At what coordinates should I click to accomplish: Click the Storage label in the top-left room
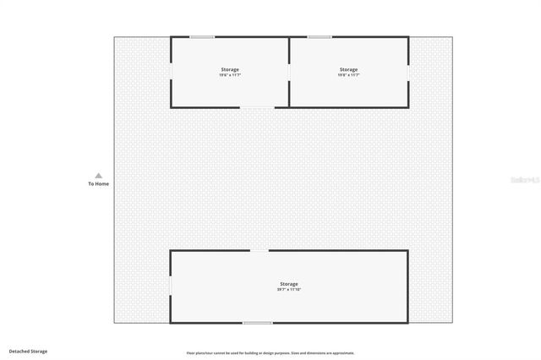230,69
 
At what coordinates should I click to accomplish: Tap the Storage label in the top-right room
348,69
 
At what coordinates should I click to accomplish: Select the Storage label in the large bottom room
289,284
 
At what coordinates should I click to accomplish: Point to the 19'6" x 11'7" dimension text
230,75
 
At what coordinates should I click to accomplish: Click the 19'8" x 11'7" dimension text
348,75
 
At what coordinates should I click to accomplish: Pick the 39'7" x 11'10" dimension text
289,290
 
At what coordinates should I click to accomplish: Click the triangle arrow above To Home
98,176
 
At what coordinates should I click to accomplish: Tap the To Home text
98,183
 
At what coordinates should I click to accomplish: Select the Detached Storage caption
28,351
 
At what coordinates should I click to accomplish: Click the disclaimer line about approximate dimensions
270,352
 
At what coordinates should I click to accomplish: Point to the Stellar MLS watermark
525,180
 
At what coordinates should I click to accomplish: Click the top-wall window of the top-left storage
201,36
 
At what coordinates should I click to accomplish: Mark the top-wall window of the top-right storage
319,36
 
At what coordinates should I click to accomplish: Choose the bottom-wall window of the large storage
258,323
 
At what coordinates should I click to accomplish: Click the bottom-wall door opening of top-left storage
258,106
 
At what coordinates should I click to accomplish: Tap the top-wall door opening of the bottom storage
259,250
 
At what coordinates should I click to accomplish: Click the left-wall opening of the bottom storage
171,286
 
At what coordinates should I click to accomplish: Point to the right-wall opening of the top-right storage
408,72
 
